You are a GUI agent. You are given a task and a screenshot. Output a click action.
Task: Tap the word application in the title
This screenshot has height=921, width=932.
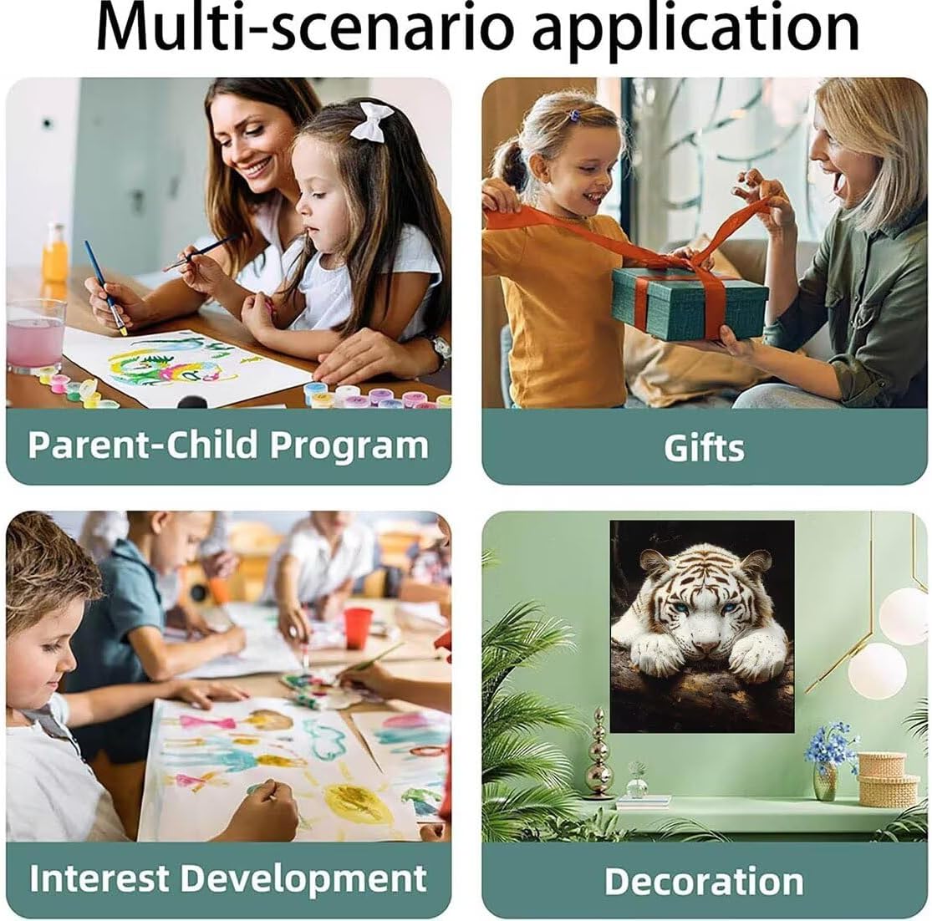click(695, 31)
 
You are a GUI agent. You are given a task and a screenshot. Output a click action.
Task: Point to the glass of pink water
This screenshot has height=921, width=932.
click(36, 336)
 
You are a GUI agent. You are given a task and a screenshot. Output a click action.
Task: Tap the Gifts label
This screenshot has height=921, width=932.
click(704, 448)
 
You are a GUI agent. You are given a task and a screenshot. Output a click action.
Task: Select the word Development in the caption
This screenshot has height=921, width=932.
click(303, 879)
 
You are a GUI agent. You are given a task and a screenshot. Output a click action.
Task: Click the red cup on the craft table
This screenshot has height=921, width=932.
click(357, 628)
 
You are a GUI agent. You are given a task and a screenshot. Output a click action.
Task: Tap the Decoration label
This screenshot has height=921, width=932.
click(704, 881)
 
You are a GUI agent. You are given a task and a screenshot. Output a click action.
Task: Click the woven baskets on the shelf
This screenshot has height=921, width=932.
click(888, 778)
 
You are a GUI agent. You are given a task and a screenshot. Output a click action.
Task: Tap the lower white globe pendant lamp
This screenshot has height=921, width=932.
click(878, 671)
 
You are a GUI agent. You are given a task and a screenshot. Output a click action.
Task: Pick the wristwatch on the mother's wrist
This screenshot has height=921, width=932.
click(441, 350)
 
